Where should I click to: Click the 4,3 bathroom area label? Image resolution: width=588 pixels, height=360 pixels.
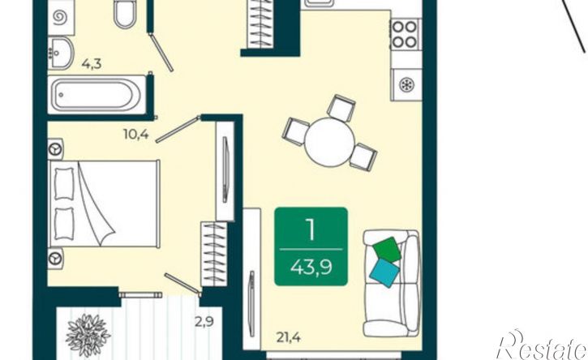(x=92, y=65)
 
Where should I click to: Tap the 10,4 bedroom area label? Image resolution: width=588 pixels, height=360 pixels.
(x=136, y=134)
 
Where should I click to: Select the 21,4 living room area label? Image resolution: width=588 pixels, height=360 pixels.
(x=289, y=338)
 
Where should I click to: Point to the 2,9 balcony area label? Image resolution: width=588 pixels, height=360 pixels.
(x=204, y=321)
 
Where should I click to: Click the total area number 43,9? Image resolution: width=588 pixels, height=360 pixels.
(x=311, y=268)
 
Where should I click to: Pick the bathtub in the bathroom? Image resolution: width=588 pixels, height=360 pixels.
(x=97, y=95)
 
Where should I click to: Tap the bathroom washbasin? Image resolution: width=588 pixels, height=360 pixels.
(x=60, y=53)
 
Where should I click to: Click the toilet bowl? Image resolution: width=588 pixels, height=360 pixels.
(x=125, y=15)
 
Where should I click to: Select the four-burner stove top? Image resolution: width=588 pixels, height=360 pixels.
(x=405, y=34)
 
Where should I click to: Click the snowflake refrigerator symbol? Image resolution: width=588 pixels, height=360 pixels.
(x=406, y=85)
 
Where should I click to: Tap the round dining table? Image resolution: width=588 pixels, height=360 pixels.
(x=329, y=142)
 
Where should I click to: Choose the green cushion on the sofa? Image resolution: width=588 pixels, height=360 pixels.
(x=387, y=250)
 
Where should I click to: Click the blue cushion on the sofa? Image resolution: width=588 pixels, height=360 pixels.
(x=384, y=272)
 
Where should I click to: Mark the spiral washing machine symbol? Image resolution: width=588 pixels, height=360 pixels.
(x=60, y=17)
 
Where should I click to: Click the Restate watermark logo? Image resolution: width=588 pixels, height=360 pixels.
(x=541, y=345)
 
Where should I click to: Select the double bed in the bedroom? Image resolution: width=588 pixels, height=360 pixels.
(x=104, y=204)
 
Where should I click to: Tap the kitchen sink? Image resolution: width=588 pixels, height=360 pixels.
(x=318, y=3)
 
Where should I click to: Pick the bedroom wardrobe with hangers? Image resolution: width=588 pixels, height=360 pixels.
(x=214, y=254)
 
